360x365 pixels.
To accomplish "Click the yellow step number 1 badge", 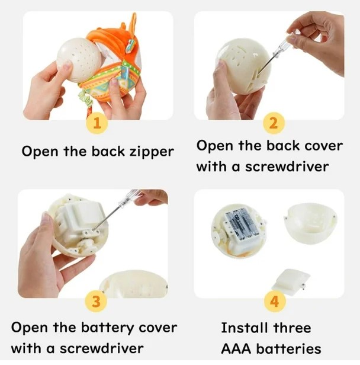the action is [97, 124].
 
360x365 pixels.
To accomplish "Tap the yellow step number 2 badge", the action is [274, 124].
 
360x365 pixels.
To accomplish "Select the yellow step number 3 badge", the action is [96, 302].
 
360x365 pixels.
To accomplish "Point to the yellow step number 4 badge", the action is [274, 302].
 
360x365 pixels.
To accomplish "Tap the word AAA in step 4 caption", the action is [236, 349].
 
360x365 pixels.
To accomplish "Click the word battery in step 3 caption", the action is [107, 329].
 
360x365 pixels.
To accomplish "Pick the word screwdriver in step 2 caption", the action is [287, 167].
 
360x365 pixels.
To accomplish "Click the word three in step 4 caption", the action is [292, 328].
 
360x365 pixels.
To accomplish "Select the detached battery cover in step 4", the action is [291, 280].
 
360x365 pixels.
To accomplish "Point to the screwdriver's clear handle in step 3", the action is [129, 198].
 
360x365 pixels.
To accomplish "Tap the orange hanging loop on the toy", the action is [133, 25].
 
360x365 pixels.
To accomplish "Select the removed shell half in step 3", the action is [134, 284].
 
